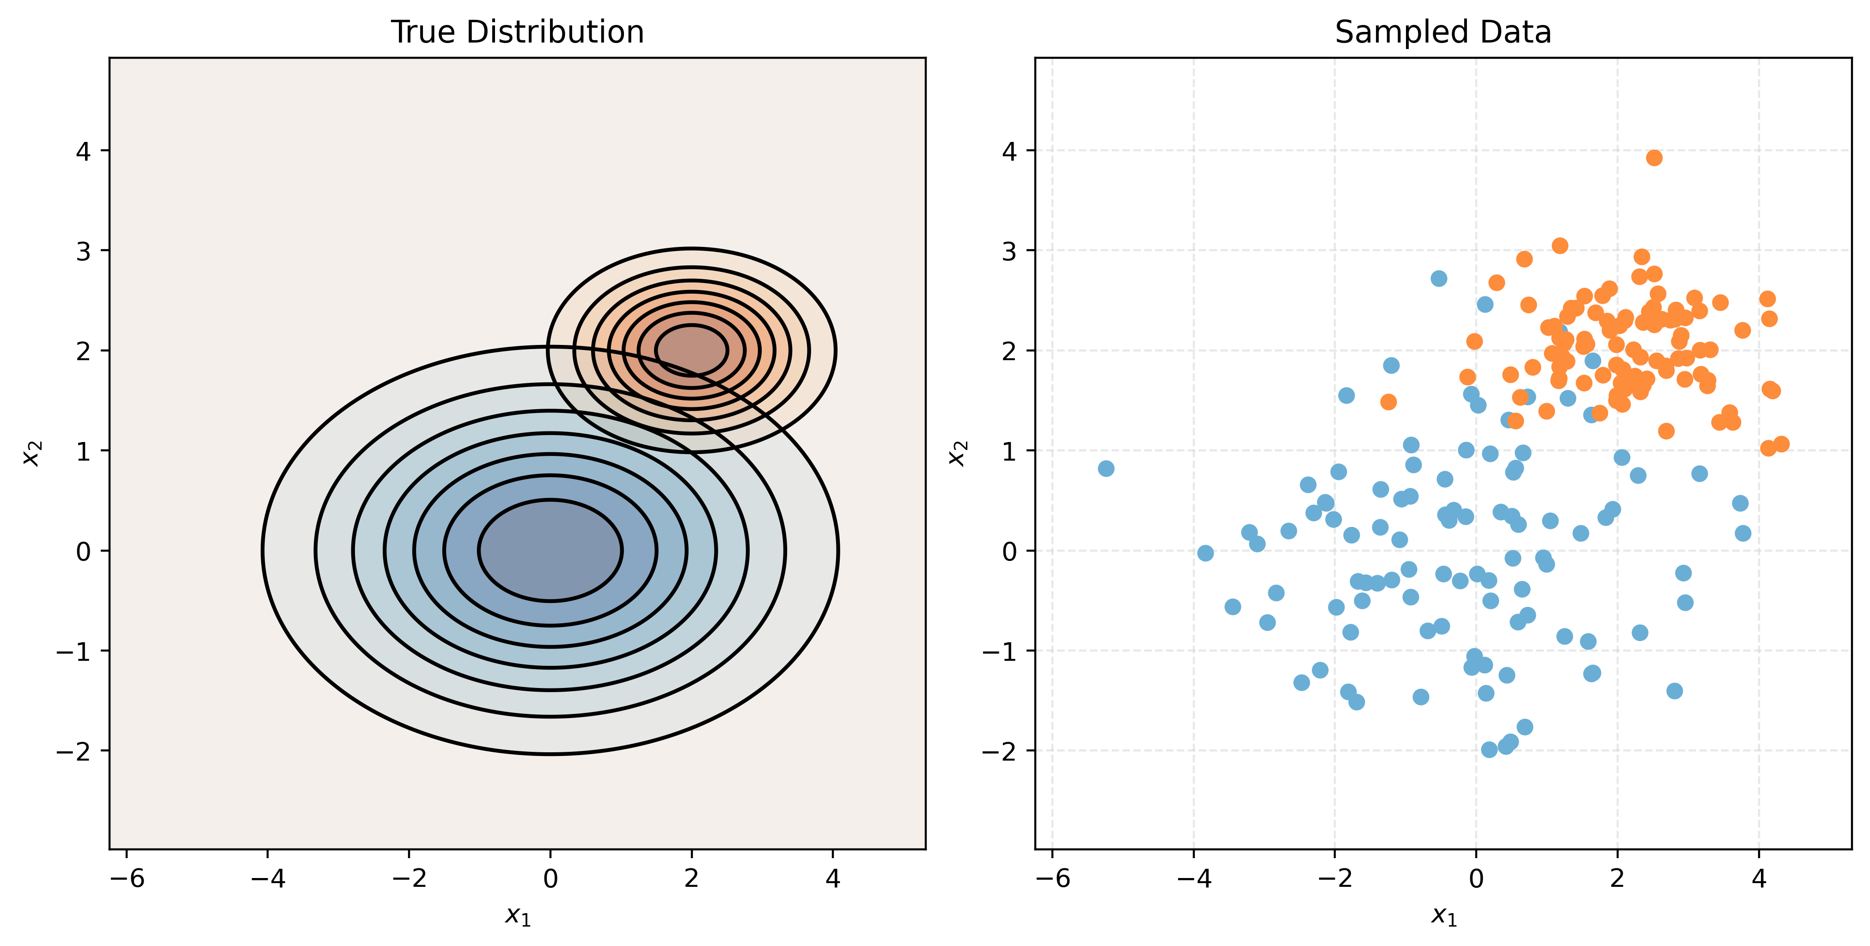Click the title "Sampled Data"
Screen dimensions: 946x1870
point(1442,33)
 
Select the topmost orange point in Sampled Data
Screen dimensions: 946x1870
point(1654,158)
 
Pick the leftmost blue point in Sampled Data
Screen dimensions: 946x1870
point(1106,469)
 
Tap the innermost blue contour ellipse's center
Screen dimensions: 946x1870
point(550,550)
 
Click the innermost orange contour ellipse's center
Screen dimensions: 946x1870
point(691,350)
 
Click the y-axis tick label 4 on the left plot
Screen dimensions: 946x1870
point(84,151)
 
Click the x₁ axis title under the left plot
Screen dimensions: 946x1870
point(518,916)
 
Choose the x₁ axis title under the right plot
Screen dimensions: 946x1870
point(1443,916)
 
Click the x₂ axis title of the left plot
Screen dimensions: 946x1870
point(33,453)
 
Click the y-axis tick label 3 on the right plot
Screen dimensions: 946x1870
point(1009,251)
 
